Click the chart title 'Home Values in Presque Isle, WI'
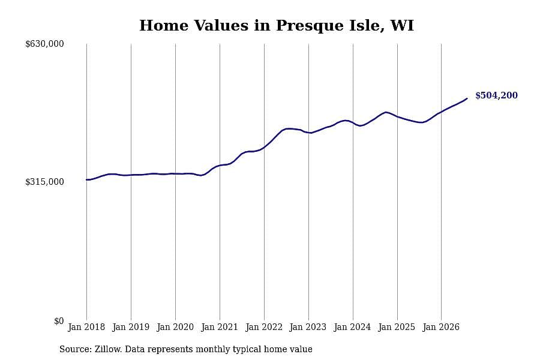coord(276,25)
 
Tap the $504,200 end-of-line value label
coord(496,95)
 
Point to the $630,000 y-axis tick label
coord(44,44)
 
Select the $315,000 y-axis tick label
coord(44,182)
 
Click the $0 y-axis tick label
coord(59,321)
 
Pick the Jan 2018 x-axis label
coord(86,327)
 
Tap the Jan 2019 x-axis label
coord(131,327)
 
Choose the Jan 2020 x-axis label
coord(175,327)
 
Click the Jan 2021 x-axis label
coord(220,327)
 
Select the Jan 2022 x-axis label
coord(264,327)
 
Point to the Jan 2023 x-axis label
coord(308,327)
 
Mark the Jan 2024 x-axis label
coord(353,327)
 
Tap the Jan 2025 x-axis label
coord(397,327)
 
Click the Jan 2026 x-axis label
coord(441,327)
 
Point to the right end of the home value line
coord(467,98)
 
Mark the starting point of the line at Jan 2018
coord(86,179)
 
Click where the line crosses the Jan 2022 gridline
coord(264,148)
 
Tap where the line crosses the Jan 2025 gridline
coord(397,117)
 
